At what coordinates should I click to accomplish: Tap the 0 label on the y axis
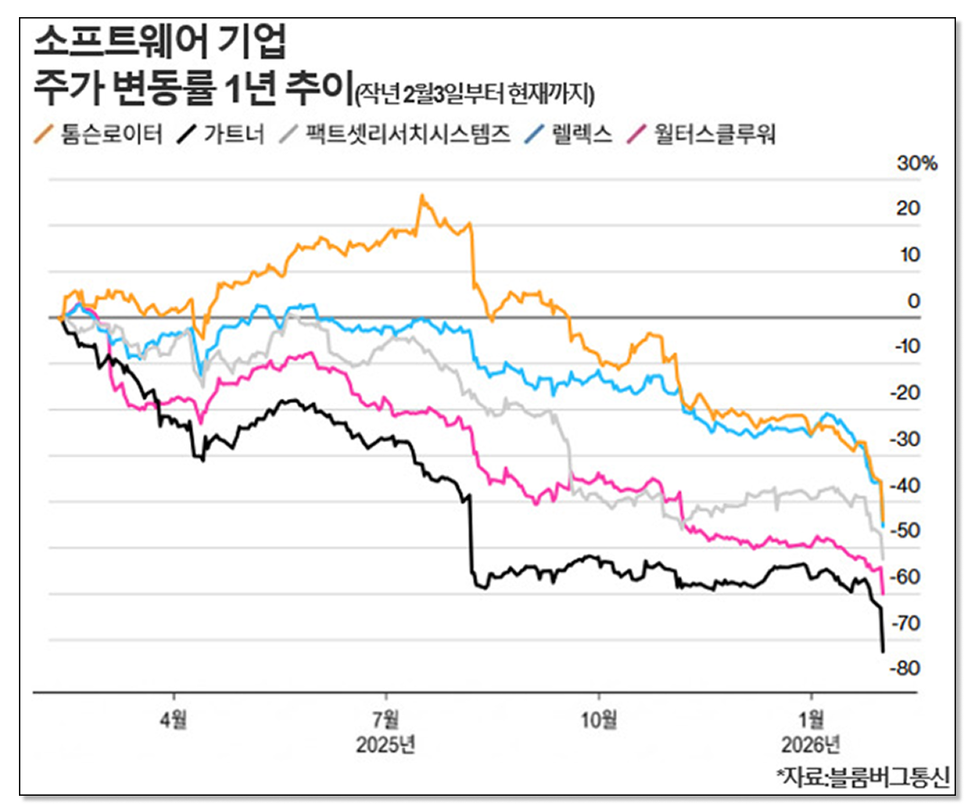point(913,301)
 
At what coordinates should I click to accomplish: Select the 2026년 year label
point(811,746)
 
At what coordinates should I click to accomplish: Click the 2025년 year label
point(386,746)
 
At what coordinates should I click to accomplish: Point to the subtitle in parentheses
point(477,91)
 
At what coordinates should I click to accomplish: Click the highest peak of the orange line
point(420,195)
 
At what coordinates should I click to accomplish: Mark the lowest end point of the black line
point(882,651)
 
